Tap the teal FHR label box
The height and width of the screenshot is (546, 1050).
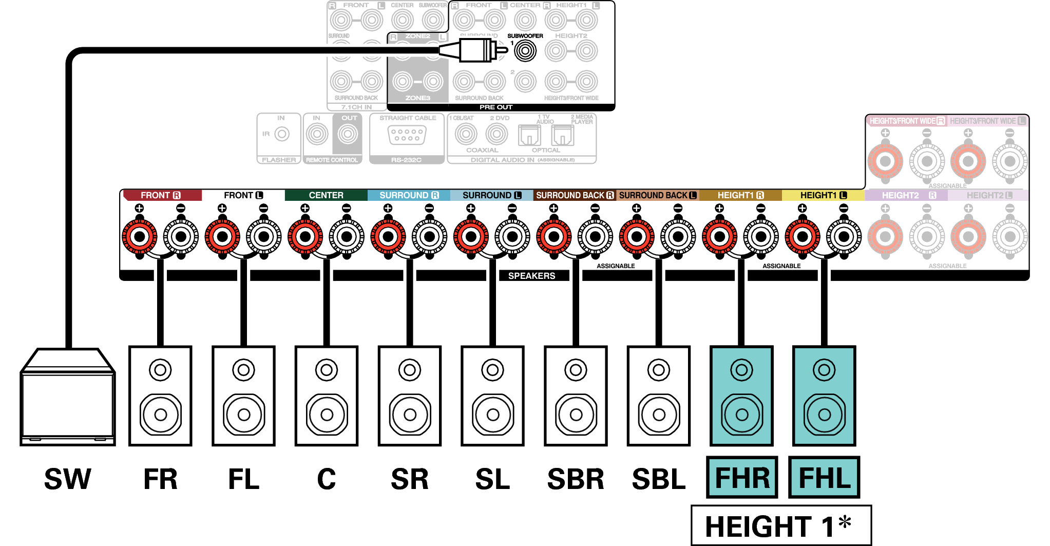point(742,477)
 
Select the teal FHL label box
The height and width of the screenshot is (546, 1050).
point(824,477)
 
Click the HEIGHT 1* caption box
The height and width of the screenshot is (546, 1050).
point(781,525)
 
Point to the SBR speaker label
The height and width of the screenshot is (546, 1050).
point(576,479)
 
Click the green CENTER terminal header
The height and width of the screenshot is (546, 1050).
point(326,195)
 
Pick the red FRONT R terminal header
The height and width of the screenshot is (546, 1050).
point(161,195)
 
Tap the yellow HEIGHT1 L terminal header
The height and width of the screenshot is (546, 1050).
point(823,195)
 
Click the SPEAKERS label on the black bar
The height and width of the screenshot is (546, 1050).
point(531,276)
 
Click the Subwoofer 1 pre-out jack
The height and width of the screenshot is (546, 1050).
point(525,51)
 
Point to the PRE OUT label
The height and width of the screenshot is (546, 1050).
point(496,107)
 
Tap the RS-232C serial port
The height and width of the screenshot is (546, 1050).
point(407,135)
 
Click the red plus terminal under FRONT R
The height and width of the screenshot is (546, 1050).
point(140,237)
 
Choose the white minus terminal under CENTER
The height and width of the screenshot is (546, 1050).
point(347,237)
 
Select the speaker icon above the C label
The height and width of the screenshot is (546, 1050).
point(327,396)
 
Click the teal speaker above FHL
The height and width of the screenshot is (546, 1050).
point(824,396)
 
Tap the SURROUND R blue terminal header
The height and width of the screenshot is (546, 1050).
point(409,195)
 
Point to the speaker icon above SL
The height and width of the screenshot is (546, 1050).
point(492,396)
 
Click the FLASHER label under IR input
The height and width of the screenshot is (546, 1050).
point(279,160)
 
